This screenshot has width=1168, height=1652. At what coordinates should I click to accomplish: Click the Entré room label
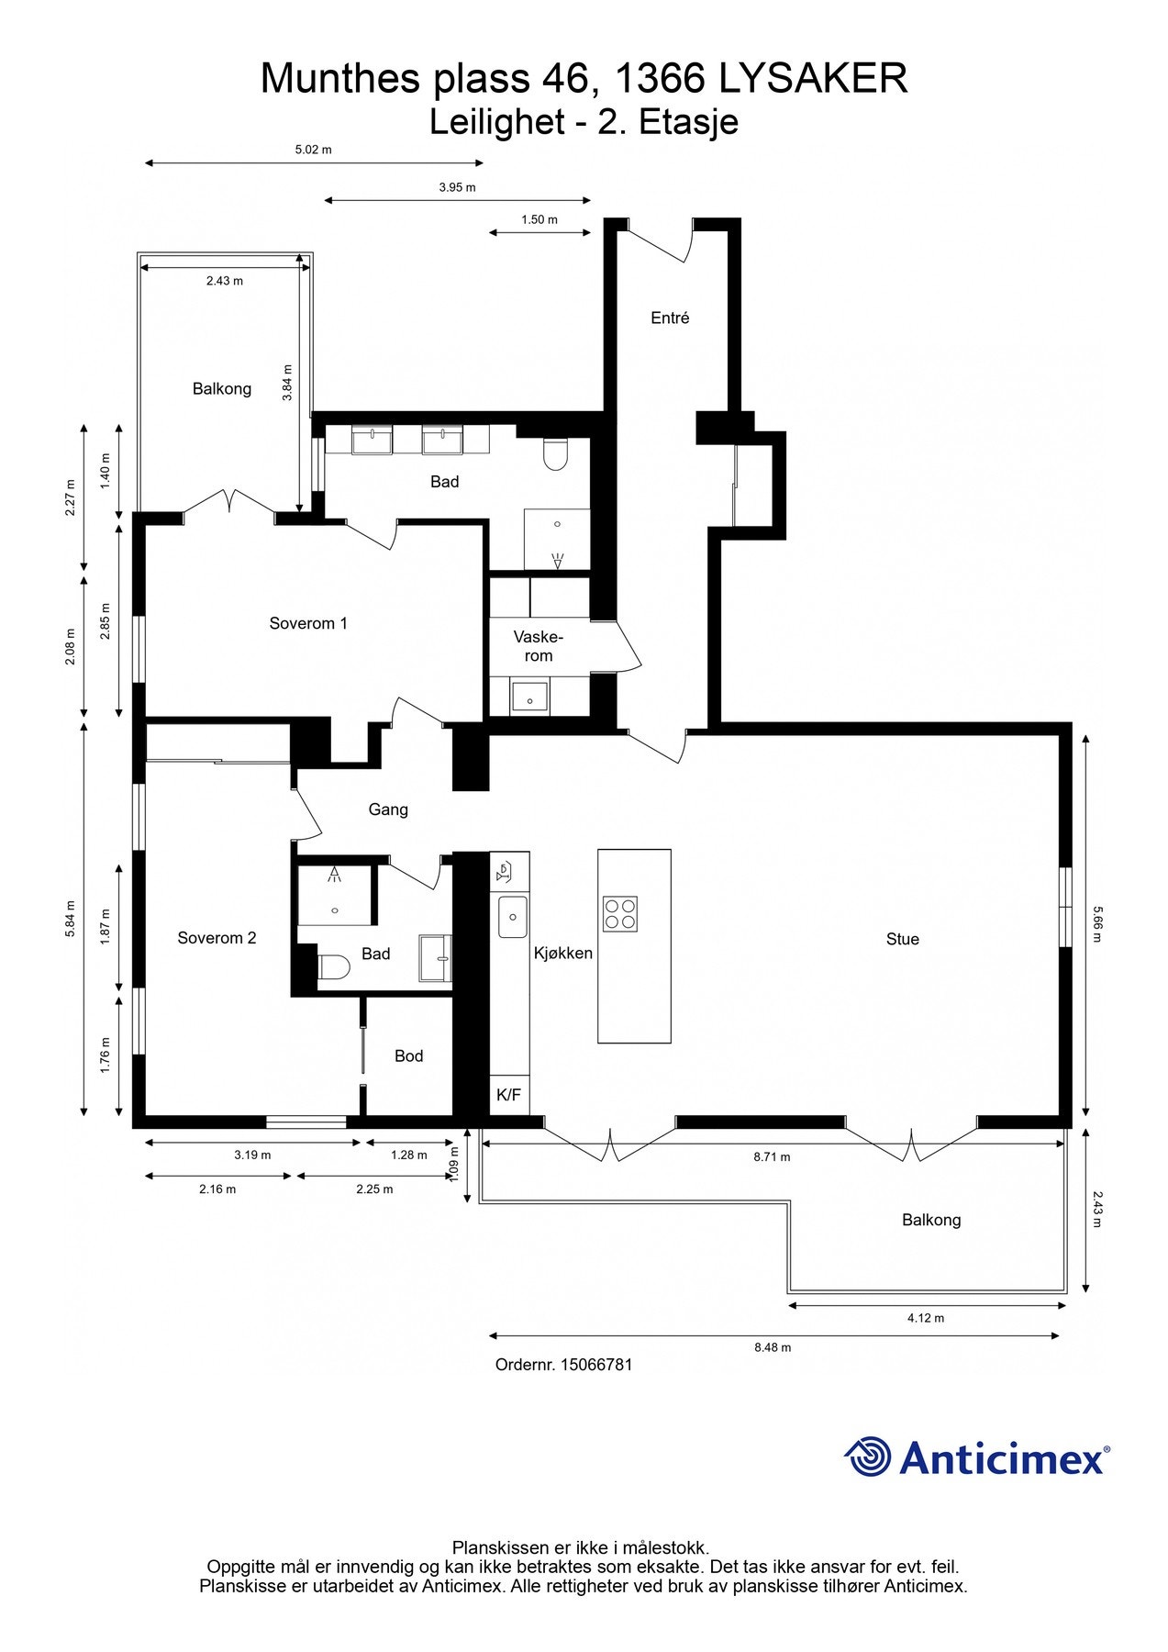pyautogui.click(x=670, y=318)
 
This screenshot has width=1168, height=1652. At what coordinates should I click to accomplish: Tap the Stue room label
pyautogui.click(x=902, y=939)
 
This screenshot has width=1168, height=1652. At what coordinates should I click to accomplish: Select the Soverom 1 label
pyautogui.click(x=308, y=623)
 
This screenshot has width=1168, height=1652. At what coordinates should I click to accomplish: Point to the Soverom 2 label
pyautogui.click(x=217, y=938)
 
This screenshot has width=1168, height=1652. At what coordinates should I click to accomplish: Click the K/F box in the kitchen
pyautogui.click(x=508, y=1094)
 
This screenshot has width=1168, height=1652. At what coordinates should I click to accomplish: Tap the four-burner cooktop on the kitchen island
pyautogui.click(x=619, y=913)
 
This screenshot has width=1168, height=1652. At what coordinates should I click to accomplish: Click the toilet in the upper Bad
pyautogui.click(x=555, y=453)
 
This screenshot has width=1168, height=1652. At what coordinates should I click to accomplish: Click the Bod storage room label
pyautogui.click(x=408, y=1056)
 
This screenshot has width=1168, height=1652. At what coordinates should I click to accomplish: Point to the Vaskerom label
pyautogui.click(x=539, y=646)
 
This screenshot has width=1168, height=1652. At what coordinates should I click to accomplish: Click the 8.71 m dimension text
pyautogui.click(x=772, y=1156)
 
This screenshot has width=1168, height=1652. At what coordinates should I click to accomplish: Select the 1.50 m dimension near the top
pyautogui.click(x=540, y=219)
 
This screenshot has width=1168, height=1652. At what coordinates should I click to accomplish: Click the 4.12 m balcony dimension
pyautogui.click(x=926, y=1318)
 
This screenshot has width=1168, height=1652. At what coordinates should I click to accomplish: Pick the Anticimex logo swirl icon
pyautogui.click(x=868, y=1457)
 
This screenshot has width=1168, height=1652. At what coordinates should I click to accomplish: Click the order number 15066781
pyautogui.click(x=595, y=1365)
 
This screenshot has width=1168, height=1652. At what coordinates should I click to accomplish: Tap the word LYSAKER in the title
pyautogui.click(x=813, y=79)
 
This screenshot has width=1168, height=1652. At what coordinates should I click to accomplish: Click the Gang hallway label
pyautogui.click(x=388, y=809)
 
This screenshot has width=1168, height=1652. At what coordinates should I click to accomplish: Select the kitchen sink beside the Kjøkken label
pyautogui.click(x=512, y=917)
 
